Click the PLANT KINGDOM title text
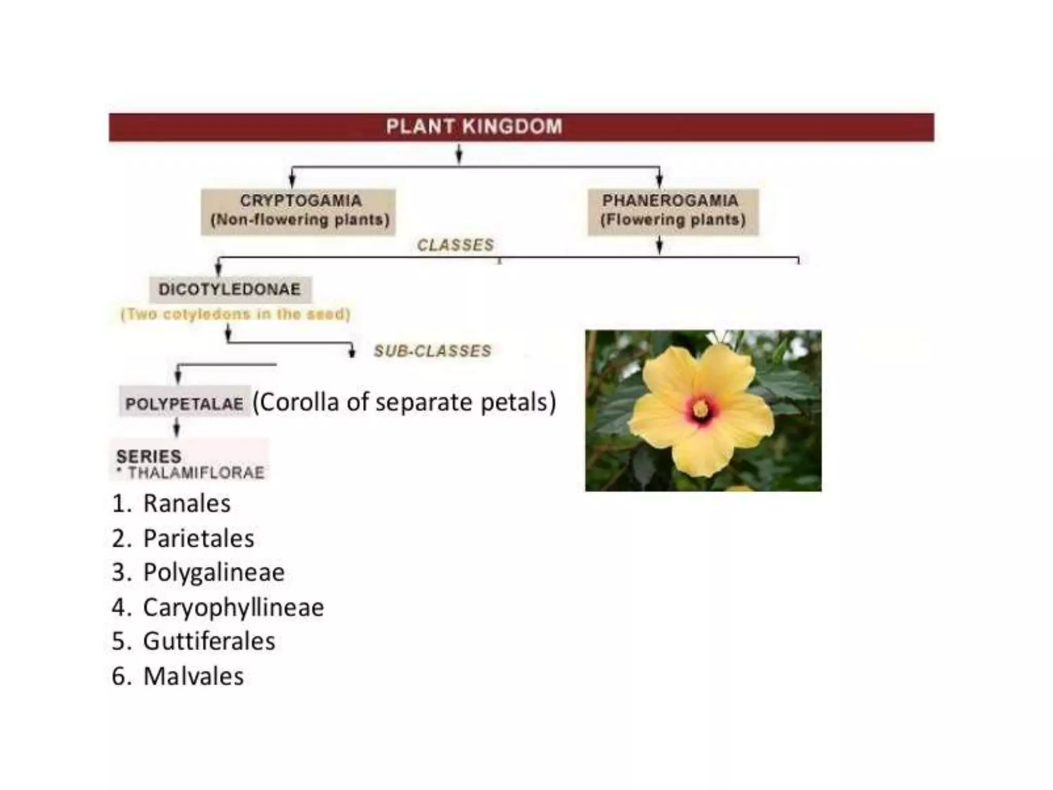(474, 127)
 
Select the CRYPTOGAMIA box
(299, 211)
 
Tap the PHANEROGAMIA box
(673, 211)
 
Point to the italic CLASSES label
(455, 245)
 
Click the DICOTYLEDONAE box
(230, 290)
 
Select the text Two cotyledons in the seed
(235, 314)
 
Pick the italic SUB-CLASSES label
(432, 351)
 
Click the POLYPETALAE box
(185, 404)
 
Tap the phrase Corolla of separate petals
(404, 402)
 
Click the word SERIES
(149, 456)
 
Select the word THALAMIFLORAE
(196, 473)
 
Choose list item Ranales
(186, 504)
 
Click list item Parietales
(198, 538)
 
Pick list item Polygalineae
(213, 572)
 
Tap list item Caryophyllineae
(233, 607)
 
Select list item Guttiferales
(209, 641)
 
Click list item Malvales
(193, 676)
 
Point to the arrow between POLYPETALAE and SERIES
(176, 426)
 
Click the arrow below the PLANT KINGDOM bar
(459, 153)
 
